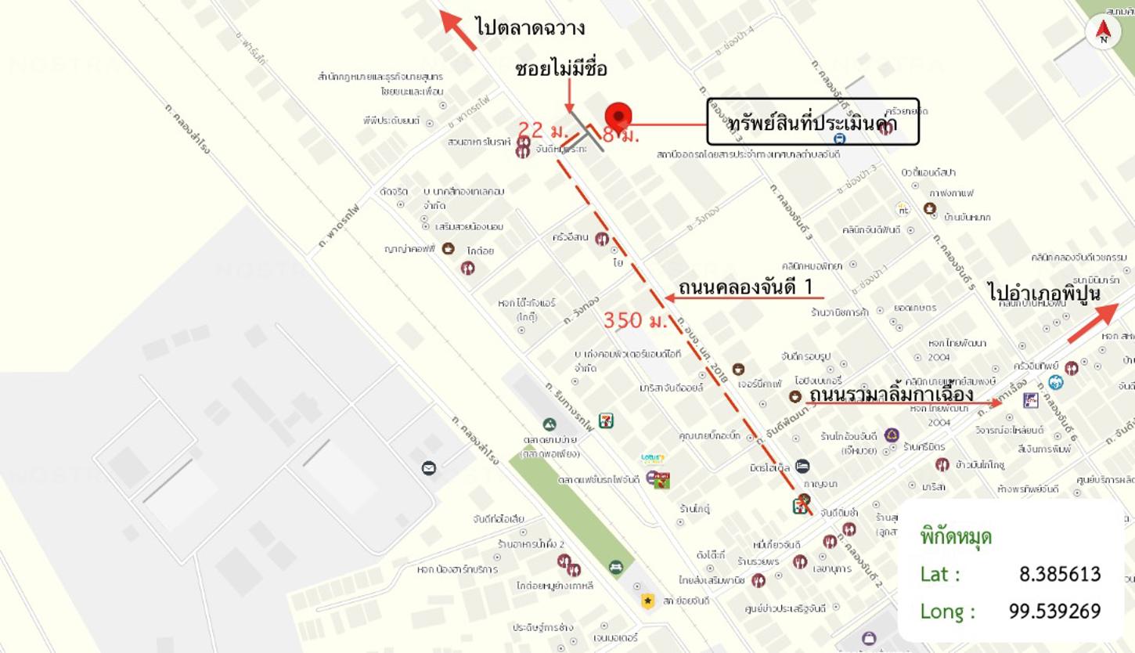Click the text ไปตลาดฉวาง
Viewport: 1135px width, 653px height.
click(530, 28)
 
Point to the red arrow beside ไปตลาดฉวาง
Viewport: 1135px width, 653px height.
click(459, 29)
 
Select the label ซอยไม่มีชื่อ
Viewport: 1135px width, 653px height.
click(561, 69)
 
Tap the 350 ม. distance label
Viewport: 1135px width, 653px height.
click(635, 320)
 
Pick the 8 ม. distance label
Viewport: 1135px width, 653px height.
click(622, 135)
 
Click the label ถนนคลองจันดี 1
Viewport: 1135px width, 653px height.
click(746, 287)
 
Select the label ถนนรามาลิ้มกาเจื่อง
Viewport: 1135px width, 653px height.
click(891, 393)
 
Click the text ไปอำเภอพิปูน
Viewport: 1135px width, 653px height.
click(1044, 293)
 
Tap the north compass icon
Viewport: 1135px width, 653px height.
click(1103, 31)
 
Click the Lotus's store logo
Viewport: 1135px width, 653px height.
click(653, 459)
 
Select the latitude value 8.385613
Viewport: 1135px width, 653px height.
click(1060, 574)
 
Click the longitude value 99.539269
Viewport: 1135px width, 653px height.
click(1054, 611)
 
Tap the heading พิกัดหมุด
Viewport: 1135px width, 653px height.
click(956, 537)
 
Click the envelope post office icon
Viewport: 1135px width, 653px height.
click(428, 468)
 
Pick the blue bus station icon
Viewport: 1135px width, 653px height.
click(839, 139)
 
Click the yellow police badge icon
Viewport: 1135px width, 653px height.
click(647, 601)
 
